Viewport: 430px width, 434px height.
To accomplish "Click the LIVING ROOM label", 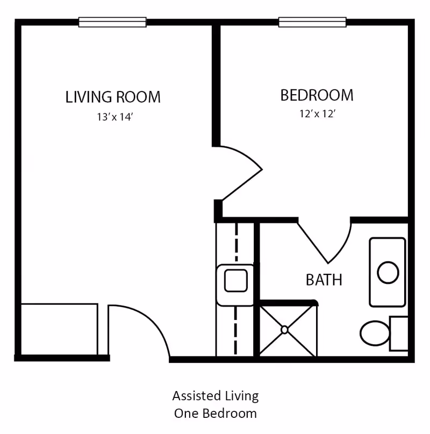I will click(x=113, y=97).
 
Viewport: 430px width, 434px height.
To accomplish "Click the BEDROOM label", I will click(x=317, y=95).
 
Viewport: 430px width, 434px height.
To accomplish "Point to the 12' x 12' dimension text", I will click(x=318, y=114).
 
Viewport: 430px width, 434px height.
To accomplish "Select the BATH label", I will click(x=324, y=280).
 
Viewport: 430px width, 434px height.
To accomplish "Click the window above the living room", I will click(x=112, y=22).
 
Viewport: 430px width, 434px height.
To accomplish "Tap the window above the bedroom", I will click(x=312, y=22).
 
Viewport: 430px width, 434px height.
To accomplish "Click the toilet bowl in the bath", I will click(x=374, y=333).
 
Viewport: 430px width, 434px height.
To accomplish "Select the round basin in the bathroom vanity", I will click(x=387, y=273).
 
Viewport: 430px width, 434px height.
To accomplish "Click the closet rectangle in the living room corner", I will click(x=59, y=330).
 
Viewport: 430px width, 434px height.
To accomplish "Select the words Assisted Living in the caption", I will click(x=215, y=396).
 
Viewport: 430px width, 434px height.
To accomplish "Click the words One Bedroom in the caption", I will click(x=215, y=414).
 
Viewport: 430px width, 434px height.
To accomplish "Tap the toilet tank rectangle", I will click(x=398, y=333).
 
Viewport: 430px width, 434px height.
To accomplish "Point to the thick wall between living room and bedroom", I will click(x=216, y=86).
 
